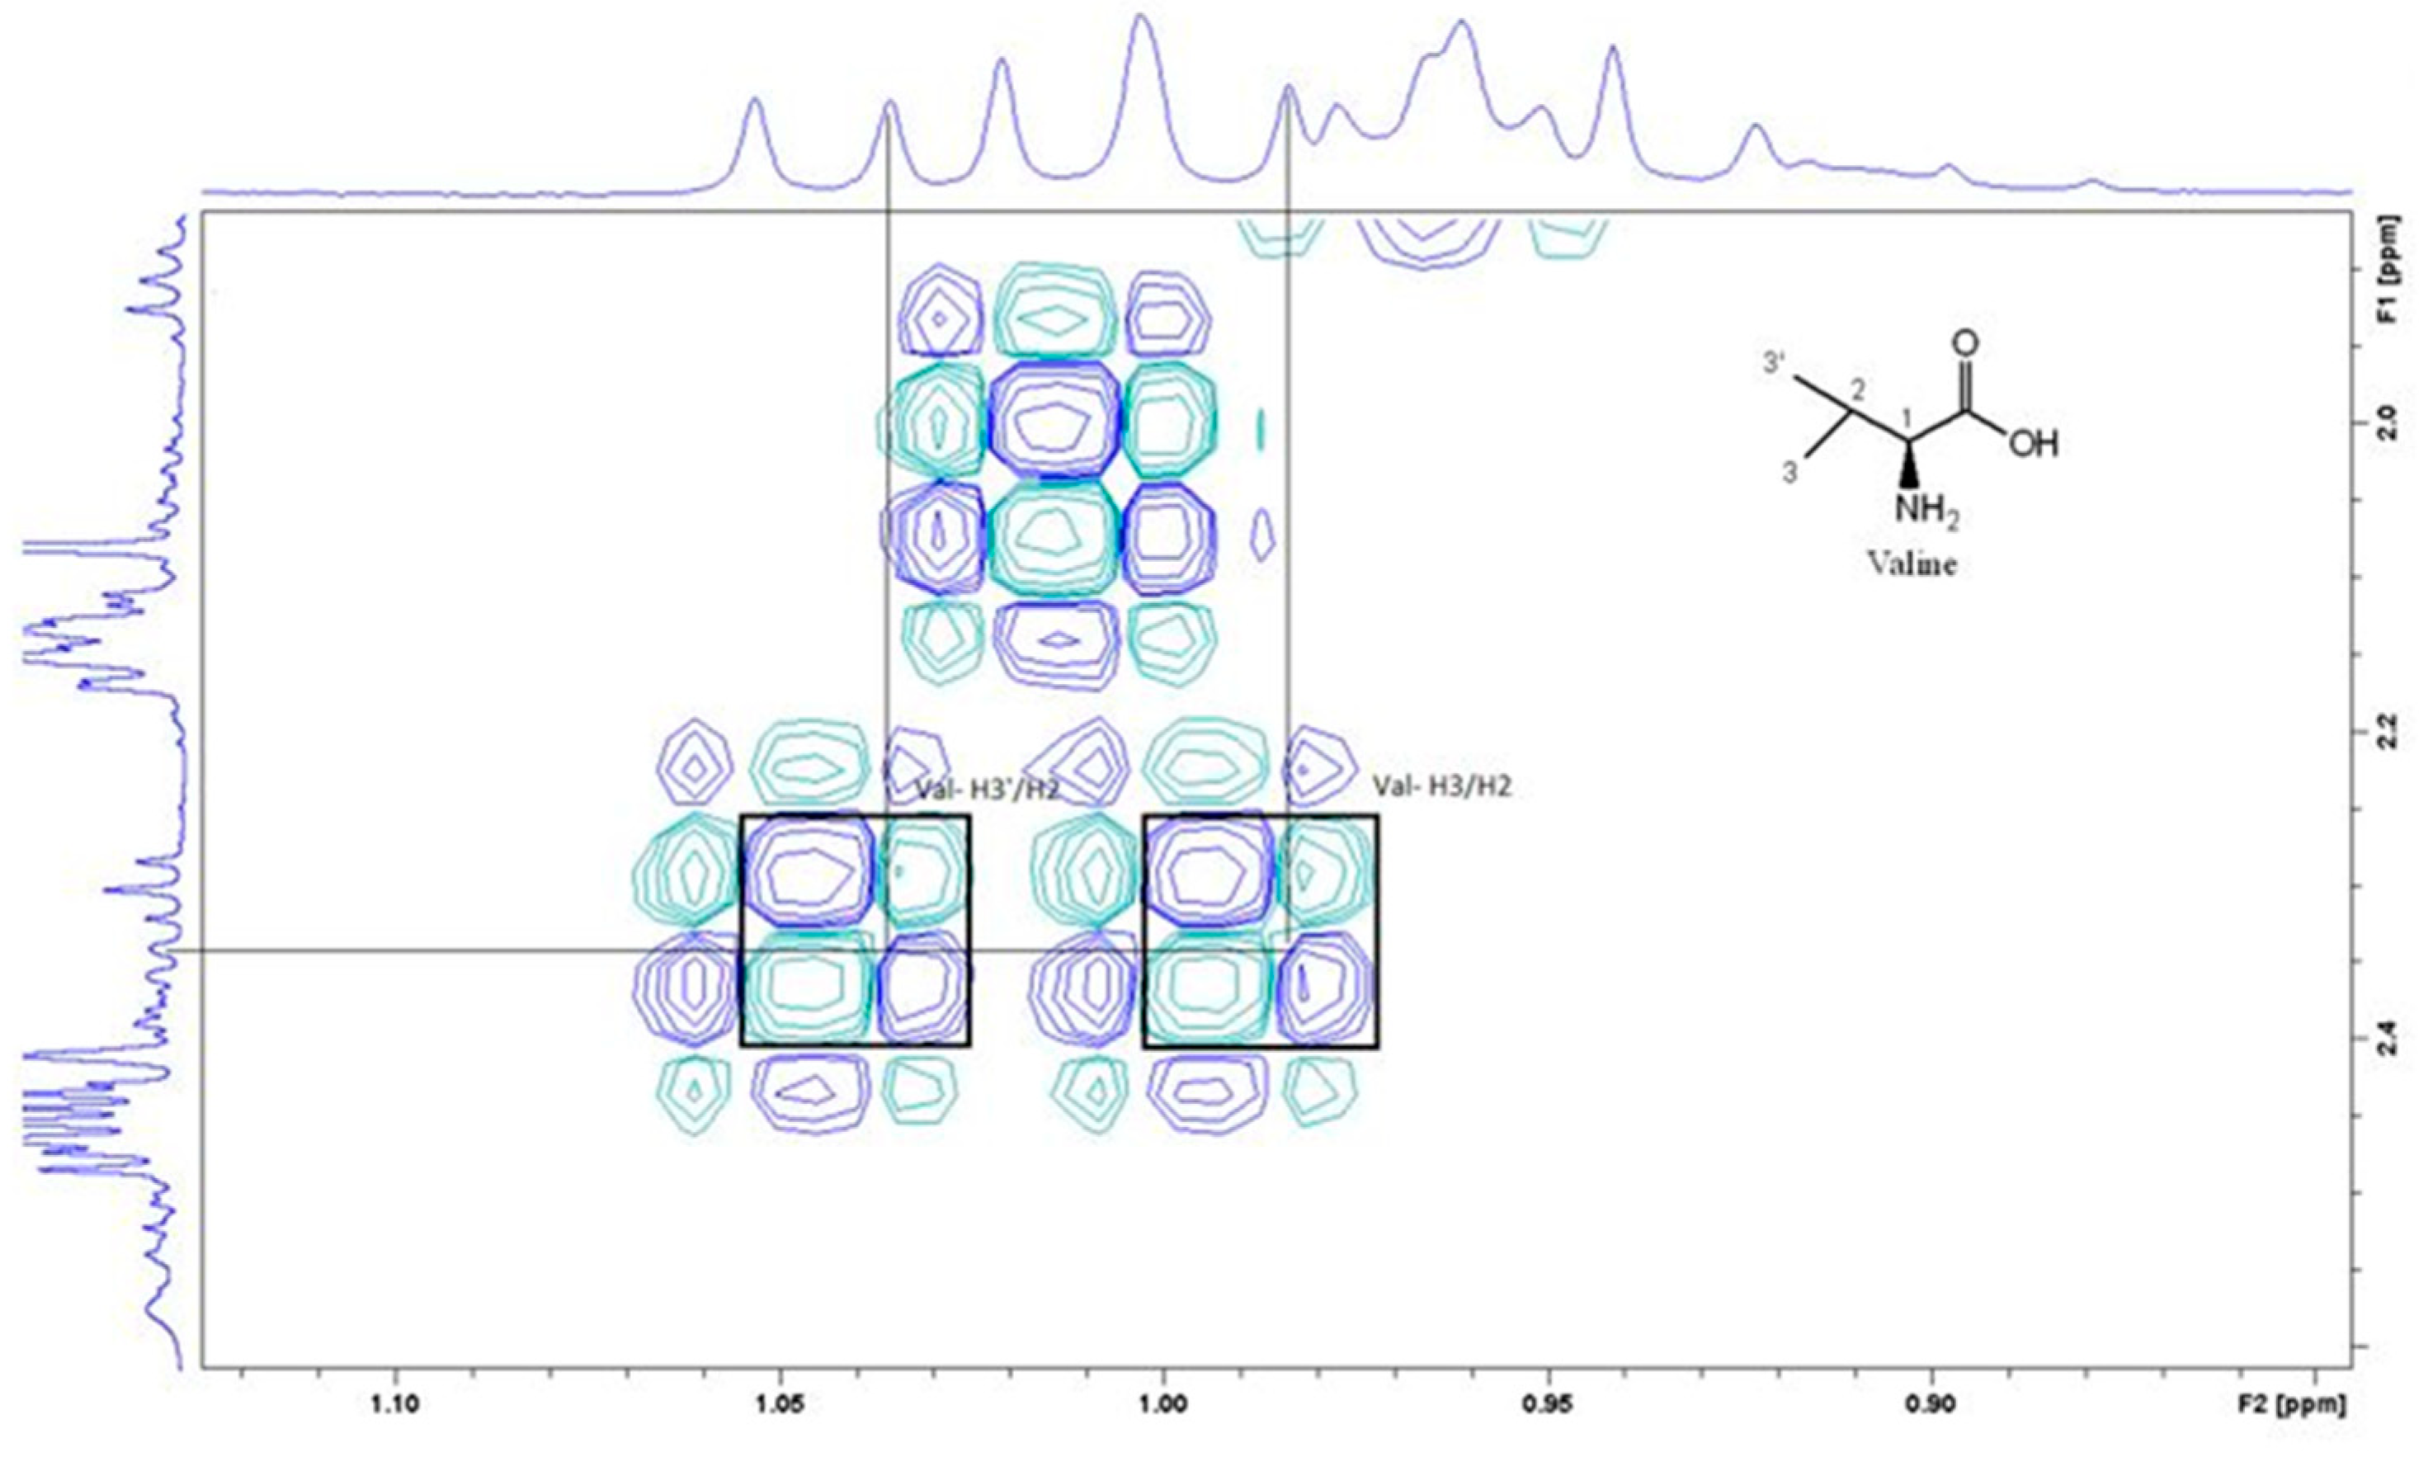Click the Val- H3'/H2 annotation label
tap(988, 787)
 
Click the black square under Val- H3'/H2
tap(855, 930)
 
